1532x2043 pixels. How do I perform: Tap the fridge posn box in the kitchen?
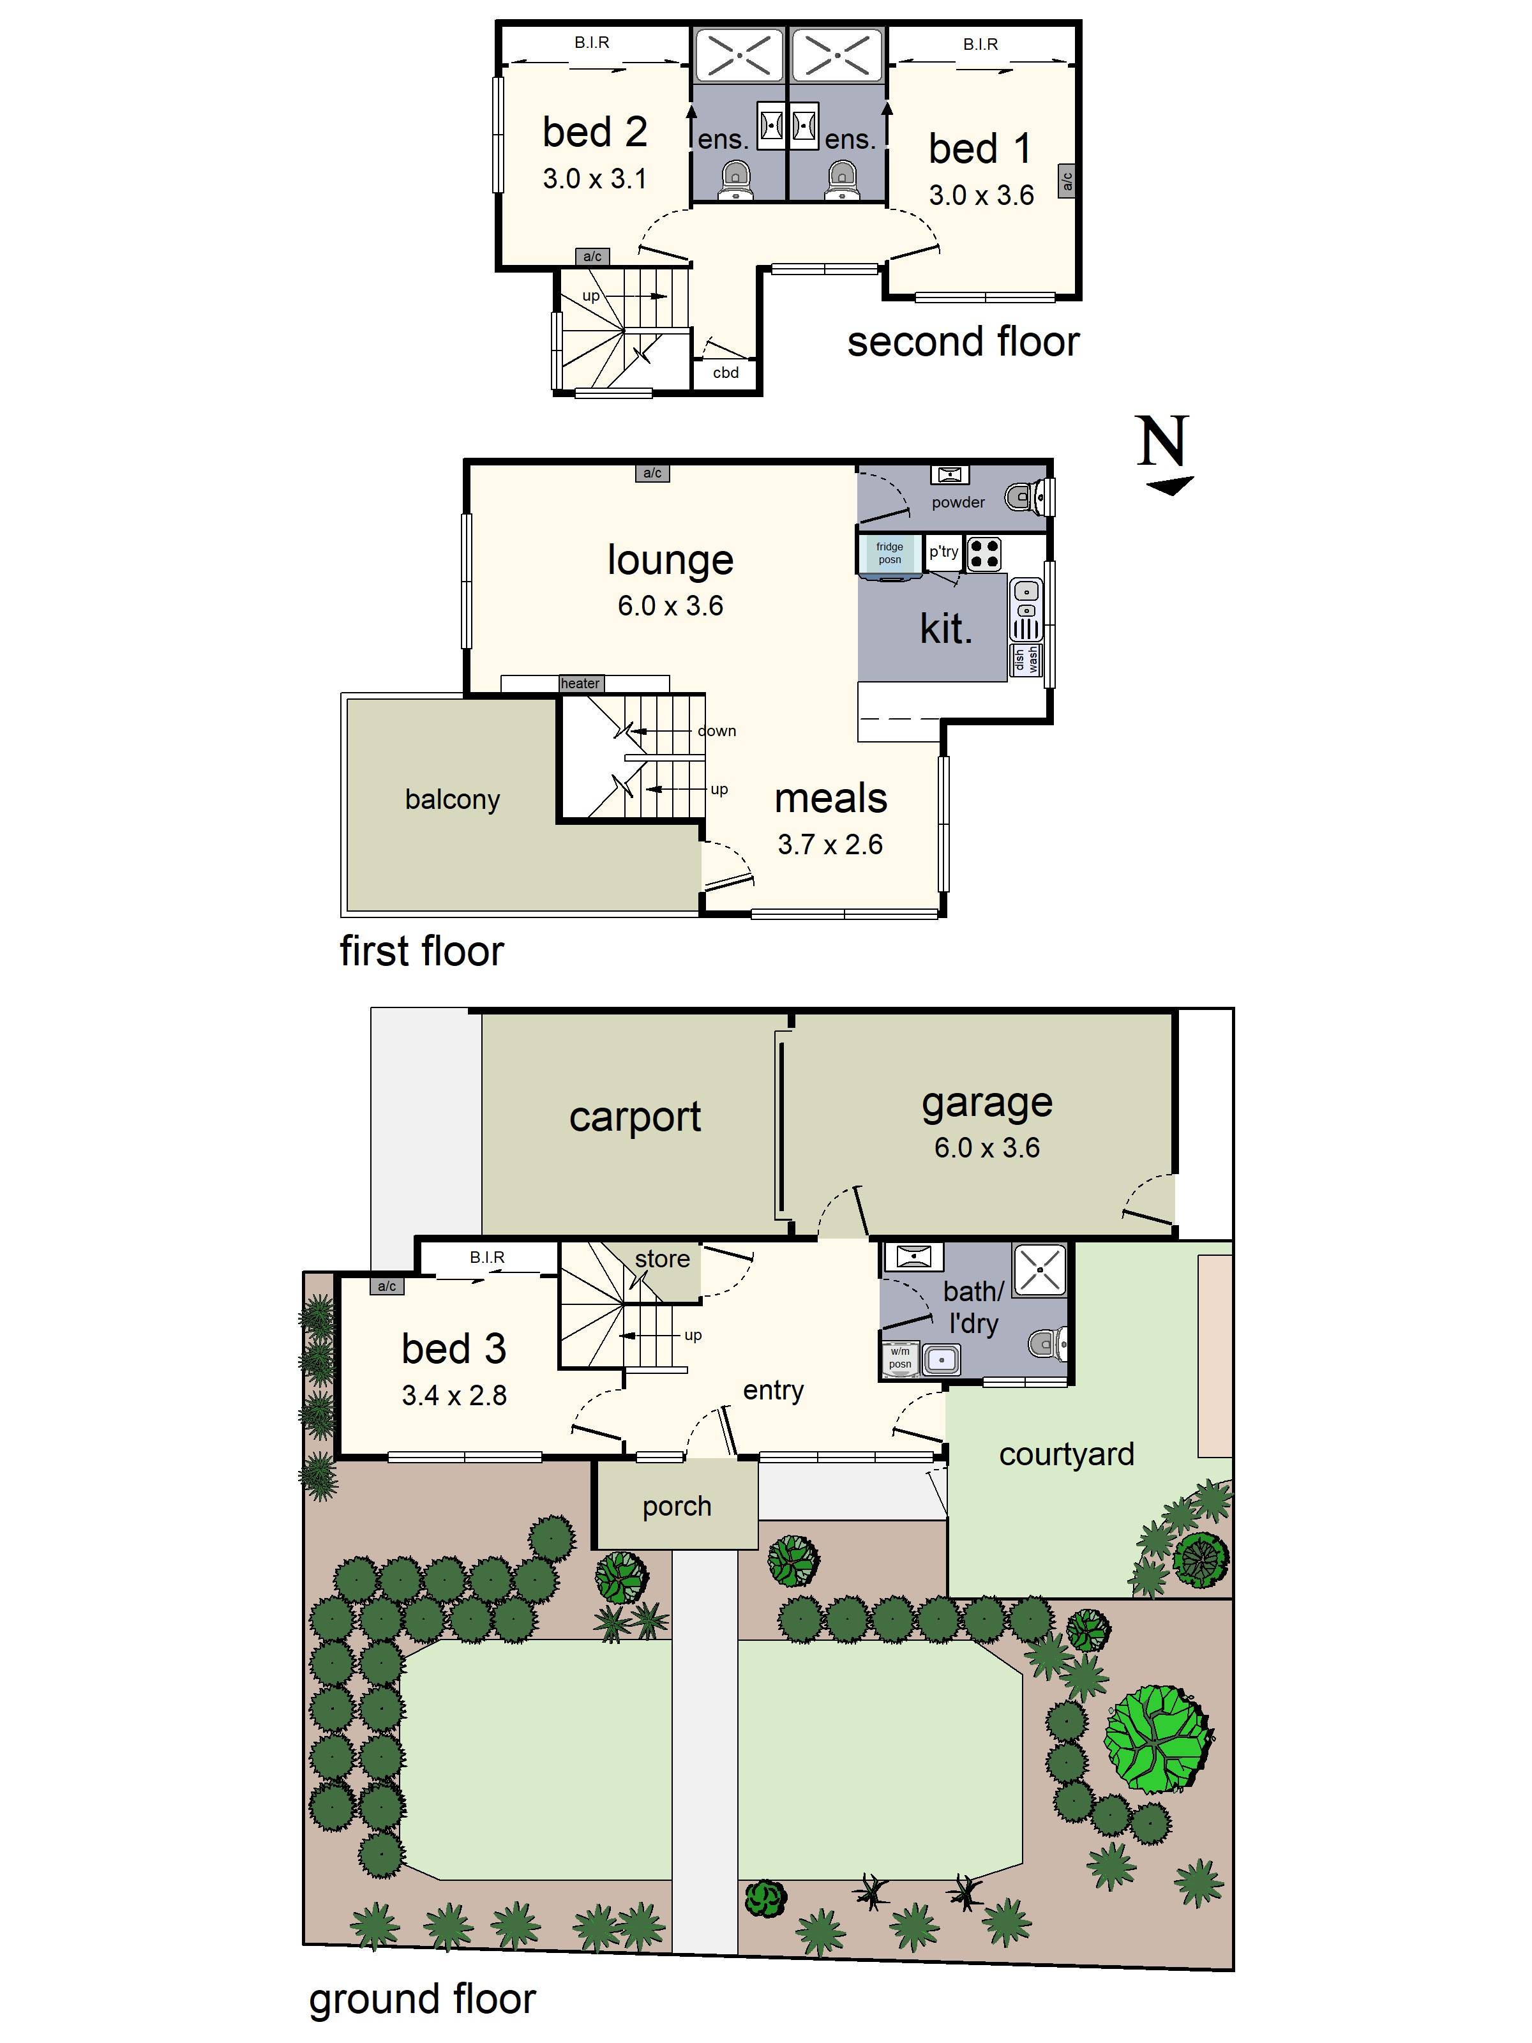pos(889,554)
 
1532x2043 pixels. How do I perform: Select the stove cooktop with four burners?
pos(984,554)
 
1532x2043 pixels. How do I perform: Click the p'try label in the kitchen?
pos(943,552)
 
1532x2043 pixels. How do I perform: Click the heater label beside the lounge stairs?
pos(580,684)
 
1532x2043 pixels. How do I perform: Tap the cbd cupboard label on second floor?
pos(726,372)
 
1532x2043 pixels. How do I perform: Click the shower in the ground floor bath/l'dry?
pos(1040,1270)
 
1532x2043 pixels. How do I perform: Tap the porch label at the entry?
pos(677,1505)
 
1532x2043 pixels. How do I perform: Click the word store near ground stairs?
pos(662,1259)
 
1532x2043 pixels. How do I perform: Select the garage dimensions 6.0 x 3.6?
pos(986,1147)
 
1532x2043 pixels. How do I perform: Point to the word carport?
pos(635,1117)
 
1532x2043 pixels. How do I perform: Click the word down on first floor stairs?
pos(717,730)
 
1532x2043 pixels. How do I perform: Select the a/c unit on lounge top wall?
pos(652,473)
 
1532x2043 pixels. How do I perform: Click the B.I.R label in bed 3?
pos(486,1257)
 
